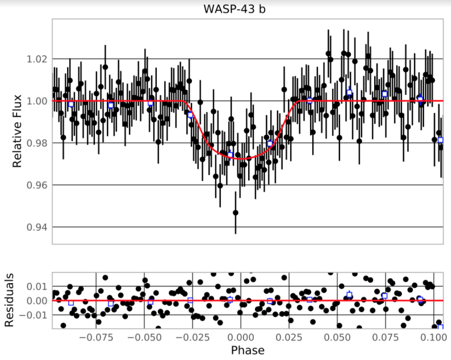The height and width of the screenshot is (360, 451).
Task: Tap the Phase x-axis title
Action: tap(248, 351)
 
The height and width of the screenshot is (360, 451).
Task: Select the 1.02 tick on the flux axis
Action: tap(37, 59)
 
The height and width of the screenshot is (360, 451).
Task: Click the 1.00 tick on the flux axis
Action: tap(37, 101)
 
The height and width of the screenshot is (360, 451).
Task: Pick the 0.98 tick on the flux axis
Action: tap(37, 143)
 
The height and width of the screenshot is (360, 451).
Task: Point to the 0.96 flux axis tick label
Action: tap(37, 185)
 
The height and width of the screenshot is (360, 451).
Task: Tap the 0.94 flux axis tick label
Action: tap(37, 227)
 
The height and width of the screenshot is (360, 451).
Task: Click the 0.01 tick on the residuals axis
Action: tap(38, 286)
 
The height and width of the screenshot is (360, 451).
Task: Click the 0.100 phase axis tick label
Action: tap(432, 338)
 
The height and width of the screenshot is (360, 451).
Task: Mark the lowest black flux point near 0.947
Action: tap(236, 213)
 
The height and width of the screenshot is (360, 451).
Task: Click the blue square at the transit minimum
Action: tap(230, 154)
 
